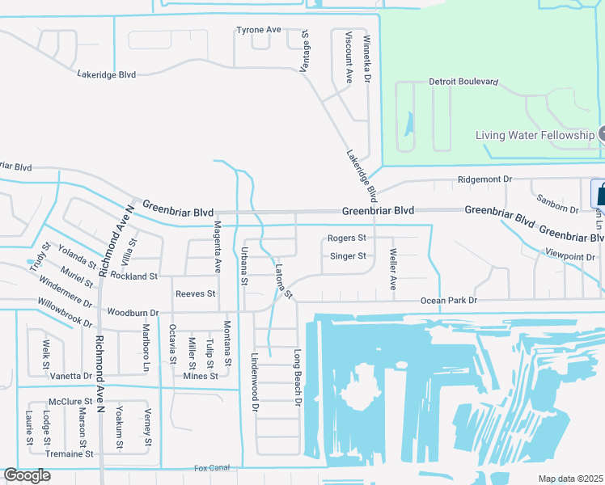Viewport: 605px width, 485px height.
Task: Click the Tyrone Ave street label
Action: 258,30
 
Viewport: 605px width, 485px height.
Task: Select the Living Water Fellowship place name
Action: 535,135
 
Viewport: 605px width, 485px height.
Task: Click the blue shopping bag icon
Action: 599,193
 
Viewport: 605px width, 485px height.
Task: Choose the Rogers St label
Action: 346,238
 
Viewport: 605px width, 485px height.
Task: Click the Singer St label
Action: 349,256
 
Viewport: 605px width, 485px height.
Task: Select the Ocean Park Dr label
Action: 449,301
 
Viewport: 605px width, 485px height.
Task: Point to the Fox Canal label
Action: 212,467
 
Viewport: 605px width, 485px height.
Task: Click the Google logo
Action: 27,475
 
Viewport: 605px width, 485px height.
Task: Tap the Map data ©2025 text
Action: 569,479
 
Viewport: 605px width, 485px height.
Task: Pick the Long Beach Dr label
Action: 297,377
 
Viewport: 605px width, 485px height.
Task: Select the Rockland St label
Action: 135,276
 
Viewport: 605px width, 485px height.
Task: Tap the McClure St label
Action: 70,401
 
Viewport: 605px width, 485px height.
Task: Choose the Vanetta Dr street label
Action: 66,376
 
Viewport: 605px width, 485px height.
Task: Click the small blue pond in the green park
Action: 408,124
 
